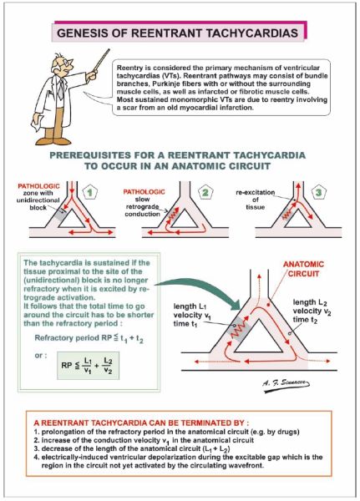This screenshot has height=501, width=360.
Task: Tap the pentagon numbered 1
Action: tap(90, 192)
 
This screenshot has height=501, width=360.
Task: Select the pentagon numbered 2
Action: tap(205, 192)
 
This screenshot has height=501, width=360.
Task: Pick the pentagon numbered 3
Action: tap(319, 192)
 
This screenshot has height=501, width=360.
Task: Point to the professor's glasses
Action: tap(65, 63)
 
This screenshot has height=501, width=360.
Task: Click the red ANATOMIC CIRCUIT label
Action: tap(303, 269)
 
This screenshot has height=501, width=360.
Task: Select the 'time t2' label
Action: tap(305, 320)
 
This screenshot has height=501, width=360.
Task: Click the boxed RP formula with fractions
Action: tap(89, 366)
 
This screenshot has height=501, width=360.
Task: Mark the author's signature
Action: tap(286, 384)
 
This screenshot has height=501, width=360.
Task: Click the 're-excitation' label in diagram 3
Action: tap(255, 192)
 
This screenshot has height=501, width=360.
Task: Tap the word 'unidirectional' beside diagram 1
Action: tap(38, 200)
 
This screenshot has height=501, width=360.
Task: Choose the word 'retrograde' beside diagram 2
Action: tap(143, 206)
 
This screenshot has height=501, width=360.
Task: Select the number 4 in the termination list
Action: tap(36, 458)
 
